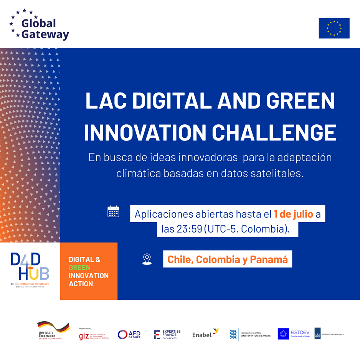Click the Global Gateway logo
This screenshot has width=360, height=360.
click(39, 25)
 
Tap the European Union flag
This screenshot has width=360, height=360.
click(334, 28)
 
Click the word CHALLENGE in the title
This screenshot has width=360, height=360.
click(274, 133)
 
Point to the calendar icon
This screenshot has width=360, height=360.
click(113, 211)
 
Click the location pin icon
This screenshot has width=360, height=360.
click(147, 259)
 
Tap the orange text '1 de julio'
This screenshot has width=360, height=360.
click(294, 214)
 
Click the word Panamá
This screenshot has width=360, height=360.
click(269, 259)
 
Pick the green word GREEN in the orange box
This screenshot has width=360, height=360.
click(80, 268)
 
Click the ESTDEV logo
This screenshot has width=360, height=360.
click(294, 334)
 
